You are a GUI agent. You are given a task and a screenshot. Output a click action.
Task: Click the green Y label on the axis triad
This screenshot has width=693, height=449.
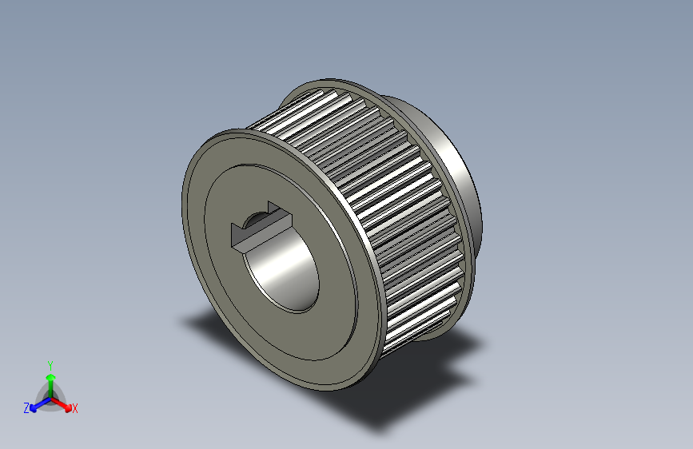pos(50,363)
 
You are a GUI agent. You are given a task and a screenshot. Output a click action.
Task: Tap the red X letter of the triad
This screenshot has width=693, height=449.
pos(75,408)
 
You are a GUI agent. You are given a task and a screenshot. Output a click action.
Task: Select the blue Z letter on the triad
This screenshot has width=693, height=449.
pos(26,407)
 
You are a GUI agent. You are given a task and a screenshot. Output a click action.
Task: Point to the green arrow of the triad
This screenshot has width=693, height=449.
pos(50,379)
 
